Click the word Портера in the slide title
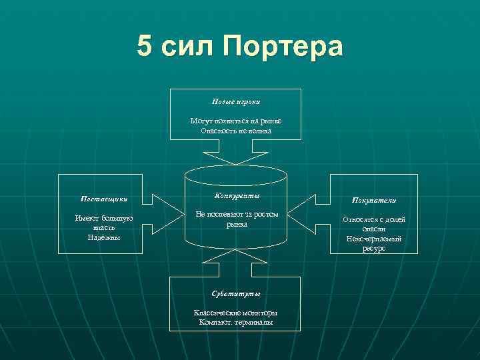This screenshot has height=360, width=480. (283, 47)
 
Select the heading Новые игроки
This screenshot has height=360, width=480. (236, 102)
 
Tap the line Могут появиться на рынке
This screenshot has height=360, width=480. (236, 121)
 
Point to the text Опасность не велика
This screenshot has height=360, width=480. (236, 131)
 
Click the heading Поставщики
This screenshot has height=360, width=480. (104, 199)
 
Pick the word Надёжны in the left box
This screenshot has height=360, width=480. (104, 237)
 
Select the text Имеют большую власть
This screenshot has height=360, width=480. (104, 223)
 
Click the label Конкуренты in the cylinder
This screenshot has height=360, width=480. (237, 196)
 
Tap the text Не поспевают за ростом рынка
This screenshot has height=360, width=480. (237, 219)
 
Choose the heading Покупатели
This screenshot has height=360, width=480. (374, 200)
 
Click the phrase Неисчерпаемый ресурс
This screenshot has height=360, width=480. (374, 243)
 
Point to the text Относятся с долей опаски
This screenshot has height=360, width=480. (374, 224)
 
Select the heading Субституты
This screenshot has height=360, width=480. (236, 293)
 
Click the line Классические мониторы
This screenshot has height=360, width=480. (236, 313)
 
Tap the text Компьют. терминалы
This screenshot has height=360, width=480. (236, 322)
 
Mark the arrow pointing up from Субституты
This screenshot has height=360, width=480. (236, 267)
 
